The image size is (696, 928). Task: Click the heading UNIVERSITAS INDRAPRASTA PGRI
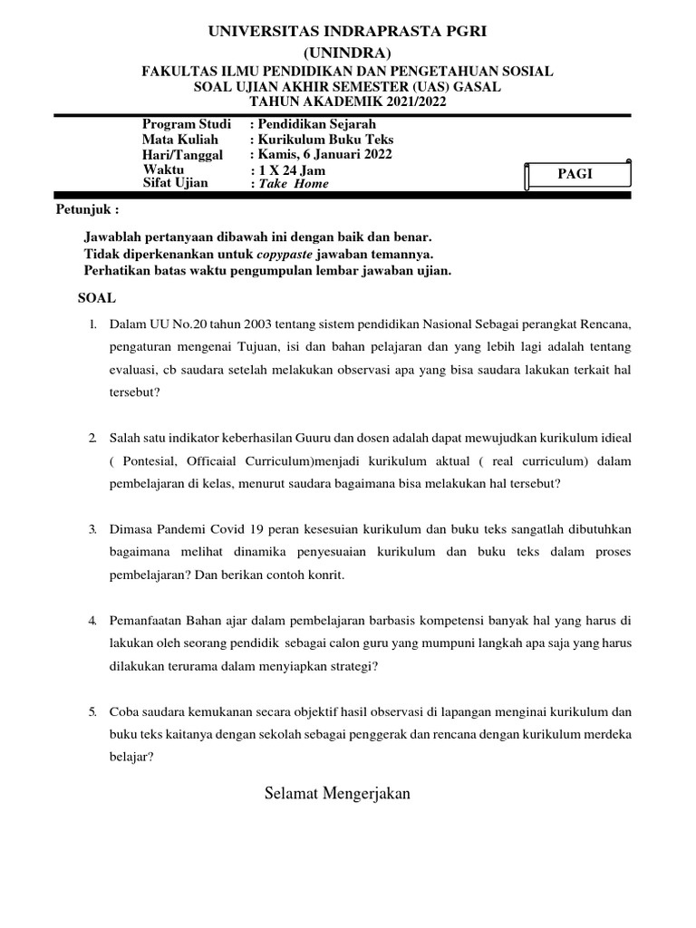[x=348, y=32]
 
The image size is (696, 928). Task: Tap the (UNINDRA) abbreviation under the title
[x=348, y=53]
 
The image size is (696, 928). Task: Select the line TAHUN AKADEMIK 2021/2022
[x=348, y=101]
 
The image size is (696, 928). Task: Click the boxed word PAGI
[x=575, y=174]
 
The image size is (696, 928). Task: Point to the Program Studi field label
[x=186, y=124]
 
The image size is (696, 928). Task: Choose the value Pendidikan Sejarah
[x=316, y=124]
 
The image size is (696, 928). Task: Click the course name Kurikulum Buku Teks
[x=325, y=140]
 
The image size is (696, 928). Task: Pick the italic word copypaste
[x=273, y=253]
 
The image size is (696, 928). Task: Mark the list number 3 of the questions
[x=92, y=528]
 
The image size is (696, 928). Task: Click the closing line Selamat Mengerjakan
[x=338, y=794]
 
